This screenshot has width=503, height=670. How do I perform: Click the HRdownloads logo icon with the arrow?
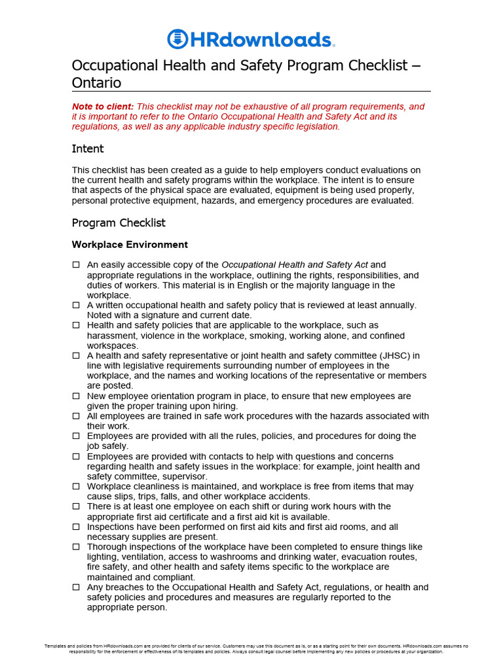(x=177, y=39)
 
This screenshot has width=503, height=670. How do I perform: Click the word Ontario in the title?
(x=96, y=83)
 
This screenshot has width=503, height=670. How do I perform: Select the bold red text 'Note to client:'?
(x=102, y=107)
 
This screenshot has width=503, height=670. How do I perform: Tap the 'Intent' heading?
(x=88, y=149)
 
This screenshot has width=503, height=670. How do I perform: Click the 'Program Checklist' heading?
(x=119, y=223)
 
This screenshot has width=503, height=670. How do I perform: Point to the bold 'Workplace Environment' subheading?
(x=130, y=245)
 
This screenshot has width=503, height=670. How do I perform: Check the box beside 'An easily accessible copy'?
(x=76, y=265)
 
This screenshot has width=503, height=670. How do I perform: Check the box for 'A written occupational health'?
(x=76, y=306)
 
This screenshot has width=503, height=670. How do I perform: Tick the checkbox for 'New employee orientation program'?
(x=76, y=396)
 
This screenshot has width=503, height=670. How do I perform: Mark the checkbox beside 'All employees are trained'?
(x=76, y=416)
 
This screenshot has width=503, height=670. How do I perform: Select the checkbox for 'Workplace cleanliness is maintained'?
(x=76, y=487)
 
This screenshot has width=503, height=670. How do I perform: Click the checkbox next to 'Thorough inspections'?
(x=76, y=547)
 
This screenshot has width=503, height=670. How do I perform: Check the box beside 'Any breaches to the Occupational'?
(x=76, y=588)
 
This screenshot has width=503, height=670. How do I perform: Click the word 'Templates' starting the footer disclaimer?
(x=56, y=646)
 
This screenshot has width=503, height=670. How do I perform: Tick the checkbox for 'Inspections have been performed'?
(x=76, y=527)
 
